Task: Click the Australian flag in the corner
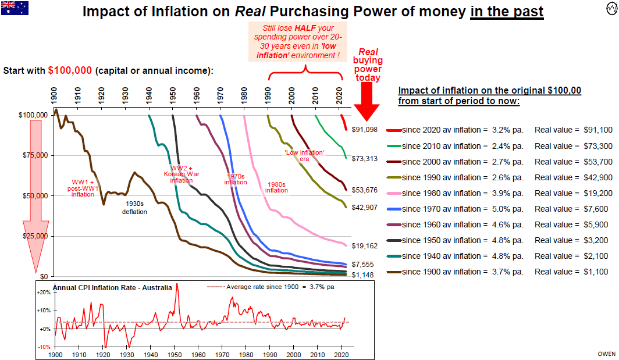[15, 8]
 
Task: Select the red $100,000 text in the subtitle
[70, 70]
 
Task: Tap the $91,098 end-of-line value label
[365, 129]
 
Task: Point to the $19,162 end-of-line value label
[365, 246]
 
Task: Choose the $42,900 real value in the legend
[596, 177]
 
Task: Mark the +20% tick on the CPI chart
[44, 293]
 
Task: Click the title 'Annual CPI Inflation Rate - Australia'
[112, 287]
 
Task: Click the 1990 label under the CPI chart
[271, 354]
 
